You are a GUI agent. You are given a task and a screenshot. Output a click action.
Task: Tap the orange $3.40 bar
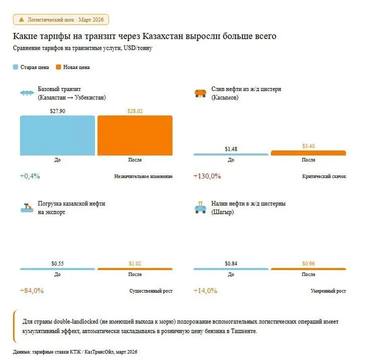tap(308, 153)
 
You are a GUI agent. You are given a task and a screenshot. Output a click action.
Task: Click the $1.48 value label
tap(231, 148)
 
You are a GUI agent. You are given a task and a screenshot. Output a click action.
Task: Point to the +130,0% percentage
tap(207, 176)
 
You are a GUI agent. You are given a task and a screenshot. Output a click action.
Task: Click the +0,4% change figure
tap(30, 176)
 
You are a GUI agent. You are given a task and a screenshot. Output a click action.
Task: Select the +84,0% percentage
tap(32, 291)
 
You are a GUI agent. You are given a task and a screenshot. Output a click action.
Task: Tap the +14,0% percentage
tap(205, 291)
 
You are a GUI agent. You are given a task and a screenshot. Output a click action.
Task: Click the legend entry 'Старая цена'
tap(34, 67)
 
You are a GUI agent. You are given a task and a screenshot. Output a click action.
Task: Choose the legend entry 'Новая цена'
tap(76, 67)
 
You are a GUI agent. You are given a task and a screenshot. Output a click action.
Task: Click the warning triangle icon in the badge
tap(21, 20)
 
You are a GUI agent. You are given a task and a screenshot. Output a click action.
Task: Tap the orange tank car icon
tap(200, 93)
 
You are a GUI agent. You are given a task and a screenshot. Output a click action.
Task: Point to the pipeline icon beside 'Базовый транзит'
tap(26, 93)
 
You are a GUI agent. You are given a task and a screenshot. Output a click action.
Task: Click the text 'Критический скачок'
tap(324, 176)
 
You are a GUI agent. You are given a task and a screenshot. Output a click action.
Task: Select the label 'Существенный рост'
tap(151, 291)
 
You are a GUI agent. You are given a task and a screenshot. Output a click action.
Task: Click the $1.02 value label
tap(135, 263)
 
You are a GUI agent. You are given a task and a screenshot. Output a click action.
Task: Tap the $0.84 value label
tap(231, 263)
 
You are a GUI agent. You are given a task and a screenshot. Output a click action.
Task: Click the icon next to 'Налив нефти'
tap(200, 208)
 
